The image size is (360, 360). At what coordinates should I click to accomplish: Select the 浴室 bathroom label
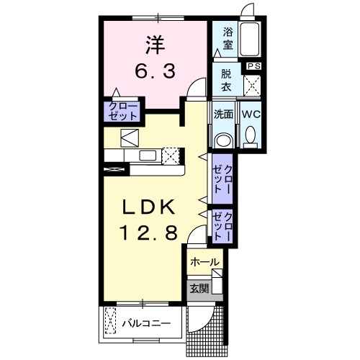pos(228,38)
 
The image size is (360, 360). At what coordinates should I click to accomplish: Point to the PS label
pos(253,66)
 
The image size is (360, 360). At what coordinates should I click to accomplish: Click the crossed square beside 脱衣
pos(253,85)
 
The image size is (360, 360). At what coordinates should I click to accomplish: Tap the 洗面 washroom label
pos(224,114)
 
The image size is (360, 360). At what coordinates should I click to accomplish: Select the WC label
pos(251,114)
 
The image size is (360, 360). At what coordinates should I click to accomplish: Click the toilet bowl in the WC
pos(251,135)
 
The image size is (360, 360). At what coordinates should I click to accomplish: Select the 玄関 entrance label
pos(199,289)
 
